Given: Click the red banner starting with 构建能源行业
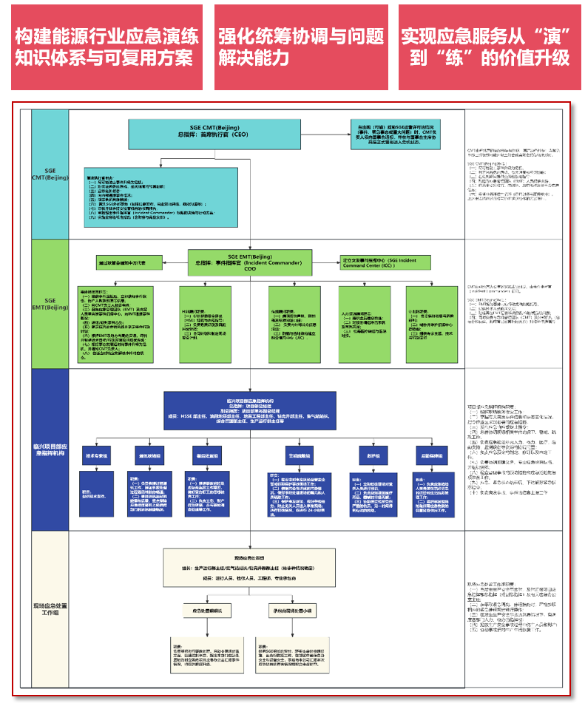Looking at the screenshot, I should [106, 47].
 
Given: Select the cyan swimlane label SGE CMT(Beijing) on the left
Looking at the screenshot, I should [50, 174].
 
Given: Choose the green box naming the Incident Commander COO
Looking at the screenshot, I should [250, 263].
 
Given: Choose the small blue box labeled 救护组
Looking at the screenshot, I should [371, 456].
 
